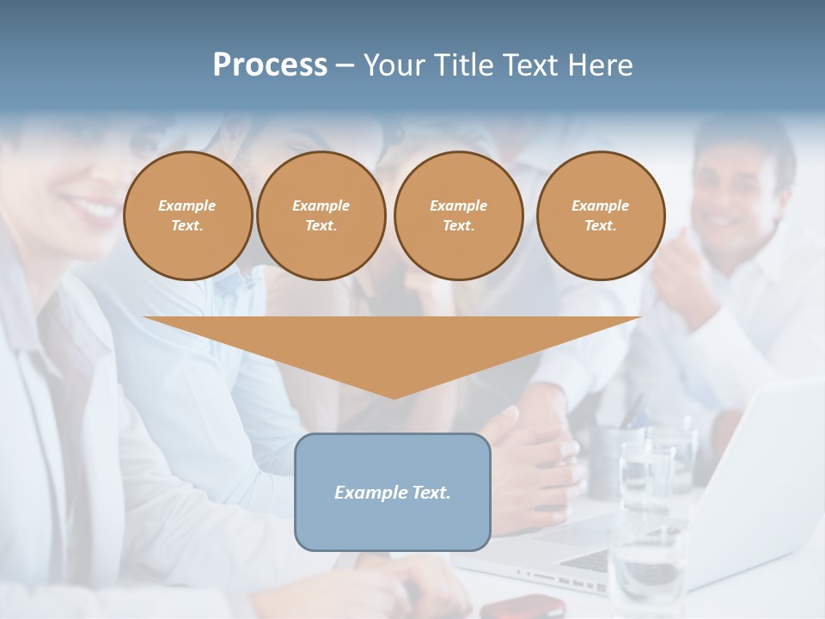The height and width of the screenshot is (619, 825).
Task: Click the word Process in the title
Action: (x=270, y=64)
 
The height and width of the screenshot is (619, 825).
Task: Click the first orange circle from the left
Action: (x=187, y=215)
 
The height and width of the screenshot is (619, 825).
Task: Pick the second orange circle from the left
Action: (x=321, y=215)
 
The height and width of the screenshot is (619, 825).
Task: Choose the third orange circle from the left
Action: (x=458, y=215)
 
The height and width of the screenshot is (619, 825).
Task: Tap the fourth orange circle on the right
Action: (x=600, y=215)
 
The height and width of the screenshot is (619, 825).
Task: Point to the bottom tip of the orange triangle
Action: (x=394, y=396)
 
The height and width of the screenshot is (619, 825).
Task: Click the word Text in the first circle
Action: (x=186, y=226)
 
